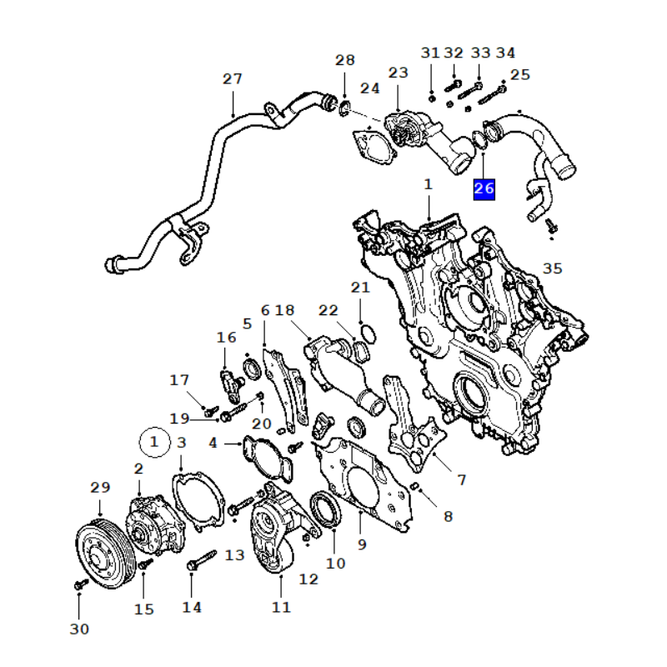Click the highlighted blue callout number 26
click(484, 189)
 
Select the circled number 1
click(155, 442)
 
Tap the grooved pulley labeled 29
click(105, 554)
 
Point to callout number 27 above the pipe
click(233, 79)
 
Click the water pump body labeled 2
click(155, 524)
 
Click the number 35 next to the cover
click(553, 268)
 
